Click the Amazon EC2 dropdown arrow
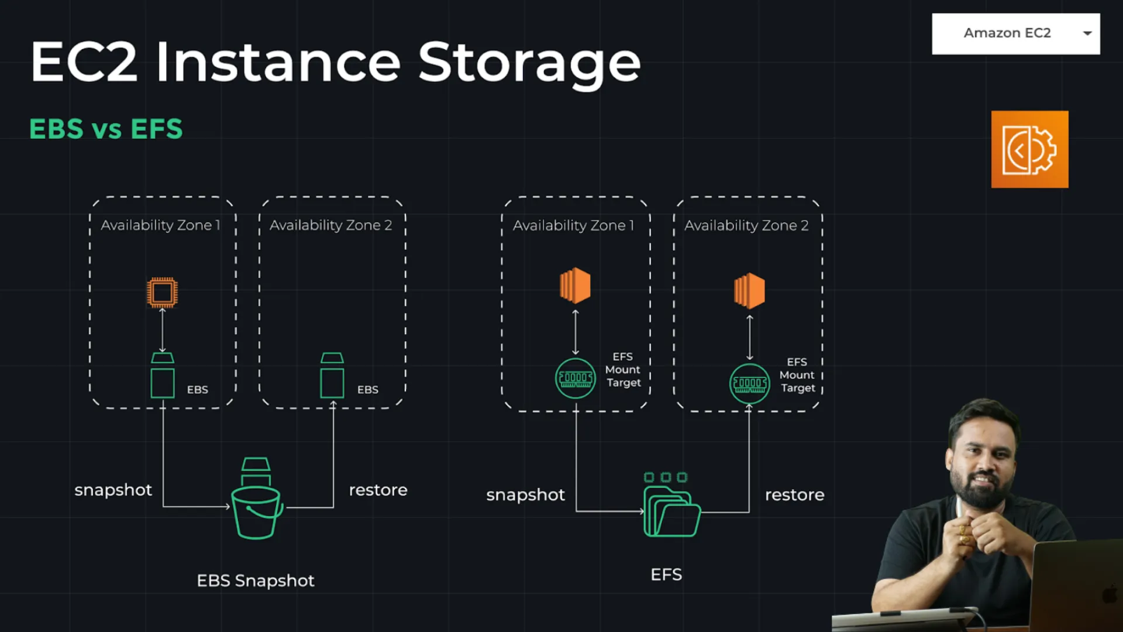[x=1087, y=33]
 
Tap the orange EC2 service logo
[x=1029, y=149]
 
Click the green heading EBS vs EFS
[x=106, y=129]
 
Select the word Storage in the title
[x=529, y=63]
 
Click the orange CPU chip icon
[x=162, y=292]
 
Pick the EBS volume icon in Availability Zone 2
[x=332, y=376]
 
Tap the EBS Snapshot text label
[x=256, y=581]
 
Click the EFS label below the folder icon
[x=666, y=575]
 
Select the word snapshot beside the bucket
[x=113, y=490]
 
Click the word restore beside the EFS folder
[x=794, y=495]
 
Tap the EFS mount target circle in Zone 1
[x=575, y=379]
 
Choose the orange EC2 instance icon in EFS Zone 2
[x=749, y=291]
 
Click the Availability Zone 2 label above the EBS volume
[x=330, y=225]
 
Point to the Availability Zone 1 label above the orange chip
[x=160, y=225]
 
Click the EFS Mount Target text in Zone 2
[x=797, y=375]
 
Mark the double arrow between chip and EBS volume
[x=163, y=330]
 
